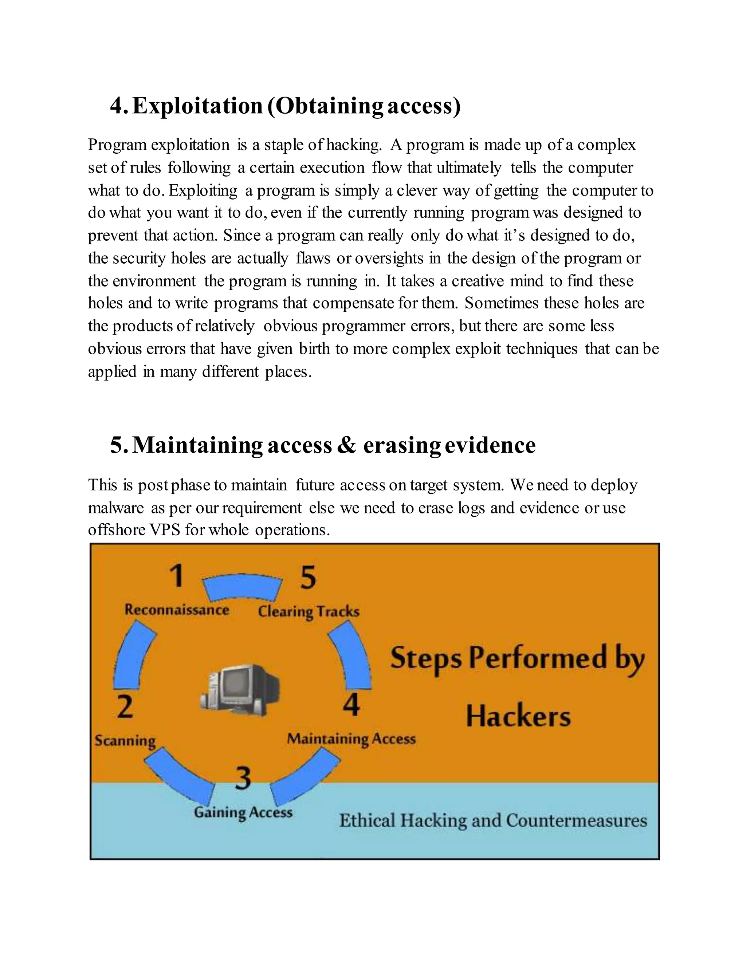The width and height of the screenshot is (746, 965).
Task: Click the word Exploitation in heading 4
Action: (x=197, y=106)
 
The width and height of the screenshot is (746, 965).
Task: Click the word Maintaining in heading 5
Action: (x=197, y=445)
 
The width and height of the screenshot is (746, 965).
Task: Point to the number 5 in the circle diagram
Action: (x=308, y=578)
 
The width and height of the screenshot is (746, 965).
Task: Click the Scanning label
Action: (x=125, y=741)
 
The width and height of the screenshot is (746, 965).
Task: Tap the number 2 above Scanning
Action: (x=125, y=706)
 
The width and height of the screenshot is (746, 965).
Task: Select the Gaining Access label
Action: (x=243, y=812)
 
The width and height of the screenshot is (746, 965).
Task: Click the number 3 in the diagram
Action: (x=243, y=779)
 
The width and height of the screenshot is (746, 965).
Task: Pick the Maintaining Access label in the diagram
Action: (x=352, y=739)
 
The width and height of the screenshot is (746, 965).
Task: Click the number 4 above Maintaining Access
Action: (x=352, y=705)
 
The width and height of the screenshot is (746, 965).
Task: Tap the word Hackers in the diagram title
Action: (x=518, y=717)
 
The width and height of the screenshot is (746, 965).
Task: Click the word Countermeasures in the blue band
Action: (x=576, y=820)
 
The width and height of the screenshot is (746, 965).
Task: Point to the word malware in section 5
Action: (x=116, y=508)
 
